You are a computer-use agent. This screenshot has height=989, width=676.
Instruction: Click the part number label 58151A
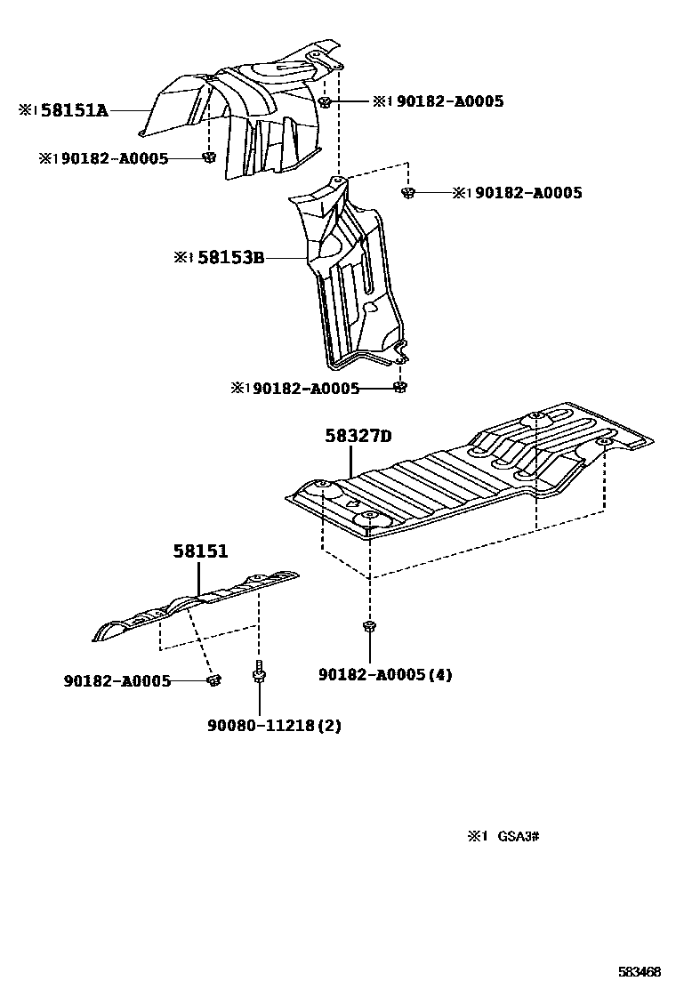[x=75, y=110]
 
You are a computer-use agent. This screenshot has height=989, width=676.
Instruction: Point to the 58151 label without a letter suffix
[x=200, y=551]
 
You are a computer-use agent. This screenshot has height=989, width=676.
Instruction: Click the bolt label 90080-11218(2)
[x=274, y=725]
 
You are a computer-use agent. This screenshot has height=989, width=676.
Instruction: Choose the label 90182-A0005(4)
[x=385, y=675]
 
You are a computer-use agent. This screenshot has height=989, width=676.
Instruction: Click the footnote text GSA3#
[x=519, y=836]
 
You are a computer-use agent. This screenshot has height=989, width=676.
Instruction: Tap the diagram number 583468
[x=640, y=972]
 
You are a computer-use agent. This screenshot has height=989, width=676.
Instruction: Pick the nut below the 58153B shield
[x=400, y=387]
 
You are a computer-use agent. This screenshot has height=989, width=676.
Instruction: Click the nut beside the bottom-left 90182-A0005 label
[x=213, y=680]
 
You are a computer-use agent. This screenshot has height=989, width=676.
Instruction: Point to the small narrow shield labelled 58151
[x=196, y=605]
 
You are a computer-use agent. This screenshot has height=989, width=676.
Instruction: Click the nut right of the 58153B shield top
[x=408, y=192]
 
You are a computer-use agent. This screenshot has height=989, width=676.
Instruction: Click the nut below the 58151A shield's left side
[x=208, y=158]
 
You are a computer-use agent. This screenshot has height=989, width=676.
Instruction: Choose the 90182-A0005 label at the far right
[x=528, y=192]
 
